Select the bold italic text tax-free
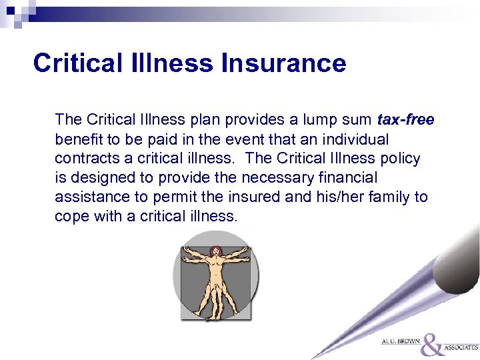(x=405, y=120)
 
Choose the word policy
(x=399, y=159)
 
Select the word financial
(x=349, y=179)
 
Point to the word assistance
(x=89, y=198)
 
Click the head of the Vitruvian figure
(x=215, y=251)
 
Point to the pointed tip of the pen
(x=314, y=357)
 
